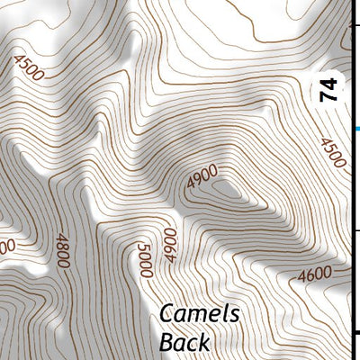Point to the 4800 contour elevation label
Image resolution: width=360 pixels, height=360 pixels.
(x=61, y=252)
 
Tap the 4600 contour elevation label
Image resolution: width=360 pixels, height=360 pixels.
(x=314, y=272)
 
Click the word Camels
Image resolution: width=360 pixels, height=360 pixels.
(x=200, y=315)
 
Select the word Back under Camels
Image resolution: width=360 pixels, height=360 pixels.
(x=184, y=342)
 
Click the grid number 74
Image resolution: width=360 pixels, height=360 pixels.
(x=332, y=92)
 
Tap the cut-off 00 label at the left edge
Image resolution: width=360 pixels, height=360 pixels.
(x=7, y=246)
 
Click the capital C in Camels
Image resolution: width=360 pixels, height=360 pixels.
(x=168, y=315)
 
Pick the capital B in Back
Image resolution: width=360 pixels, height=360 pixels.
(x=167, y=342)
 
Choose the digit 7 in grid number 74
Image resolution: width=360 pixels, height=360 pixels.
(x=332, y=98)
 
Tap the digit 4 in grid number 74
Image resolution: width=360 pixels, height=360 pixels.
(x=332, y=85)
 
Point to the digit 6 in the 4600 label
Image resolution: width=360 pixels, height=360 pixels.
(x=309, y=273)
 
